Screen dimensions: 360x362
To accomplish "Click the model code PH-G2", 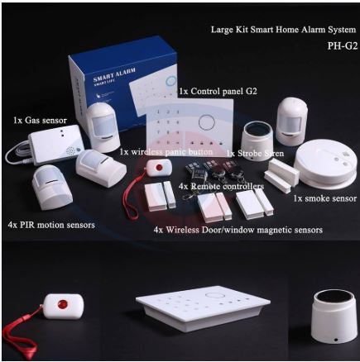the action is coord(342,45).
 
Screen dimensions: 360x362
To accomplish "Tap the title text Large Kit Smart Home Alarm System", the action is coord(283,30).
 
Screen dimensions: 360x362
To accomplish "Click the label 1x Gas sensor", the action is coord(40,120).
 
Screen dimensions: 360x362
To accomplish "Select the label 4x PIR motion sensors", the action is coord(51,225).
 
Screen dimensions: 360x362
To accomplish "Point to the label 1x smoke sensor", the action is coord(324,198).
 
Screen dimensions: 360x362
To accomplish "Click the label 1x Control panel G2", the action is coord(218,91).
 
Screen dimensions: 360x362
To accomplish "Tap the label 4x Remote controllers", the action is coord(221,186).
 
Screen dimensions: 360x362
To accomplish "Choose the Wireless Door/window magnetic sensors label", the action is coord(244,230).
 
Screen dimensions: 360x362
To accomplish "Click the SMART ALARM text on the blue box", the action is coord(114,74).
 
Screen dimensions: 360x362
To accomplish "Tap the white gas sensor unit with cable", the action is coord(56,145).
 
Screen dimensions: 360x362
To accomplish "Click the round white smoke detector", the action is coord(325,165).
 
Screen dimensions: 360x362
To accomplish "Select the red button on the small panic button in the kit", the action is coord(159,167).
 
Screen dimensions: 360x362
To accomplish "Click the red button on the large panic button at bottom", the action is coord(62,305).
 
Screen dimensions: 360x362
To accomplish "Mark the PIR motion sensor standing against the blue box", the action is coord(103,127).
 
